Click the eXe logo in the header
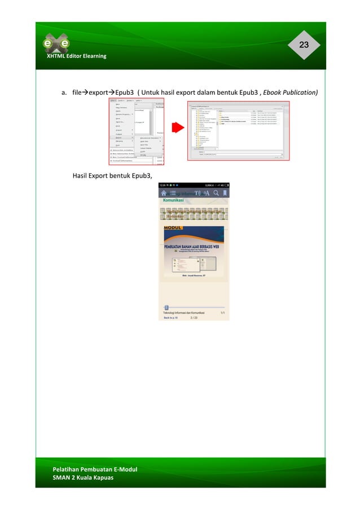point(56,43)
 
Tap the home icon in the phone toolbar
point(164,193)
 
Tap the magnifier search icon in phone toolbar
point(214,193)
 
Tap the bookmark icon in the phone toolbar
point(225,193)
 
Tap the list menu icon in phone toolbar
point(173,193)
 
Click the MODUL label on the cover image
point(173,229)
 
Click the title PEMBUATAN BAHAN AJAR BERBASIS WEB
point(194,246)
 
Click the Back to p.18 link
point(171,318)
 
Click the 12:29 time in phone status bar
point(163,185)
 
